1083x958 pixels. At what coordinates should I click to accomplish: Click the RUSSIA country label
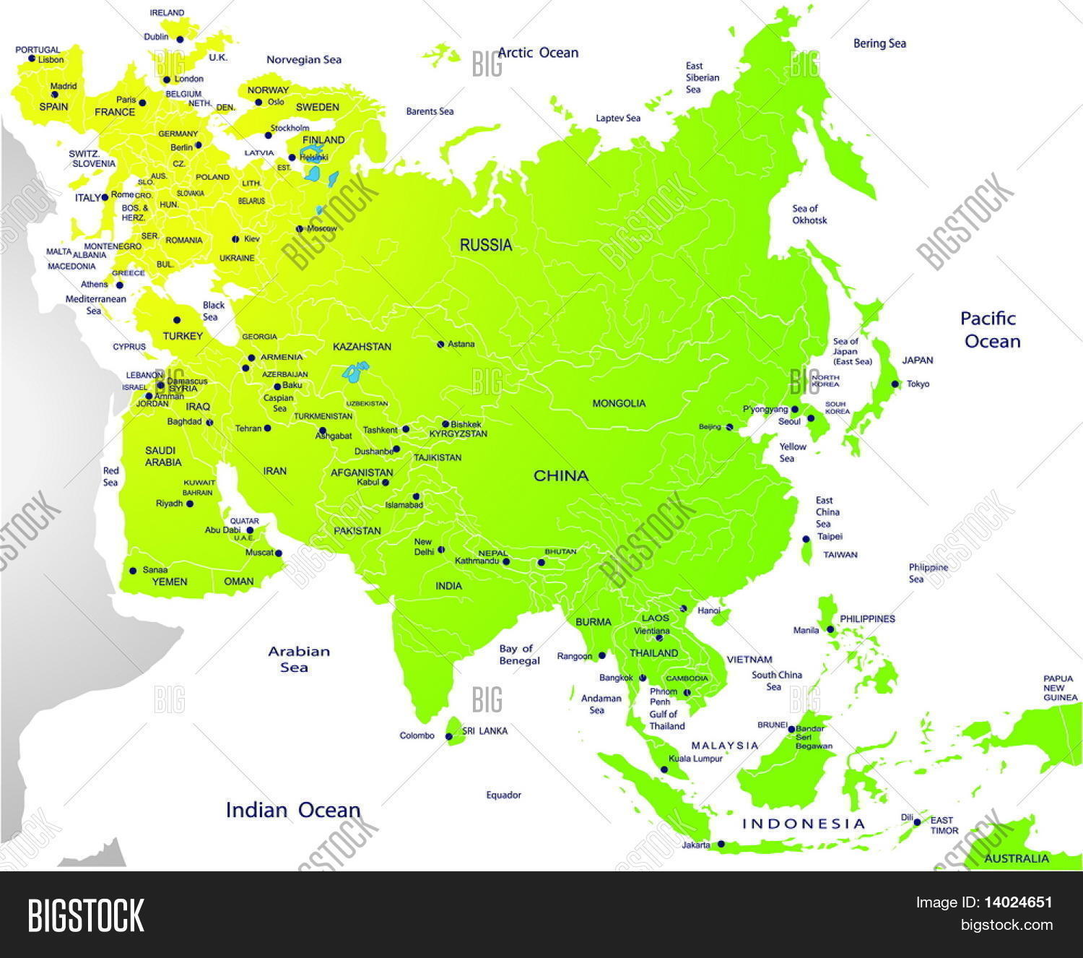[x=486, y=245]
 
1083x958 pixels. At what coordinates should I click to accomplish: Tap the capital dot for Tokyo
[x=895, y=384]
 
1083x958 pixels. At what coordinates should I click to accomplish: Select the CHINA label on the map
[x=561, y=475]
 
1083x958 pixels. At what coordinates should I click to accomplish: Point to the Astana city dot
[x=440, y=344]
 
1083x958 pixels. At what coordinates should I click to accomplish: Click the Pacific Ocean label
[x=990, y=329]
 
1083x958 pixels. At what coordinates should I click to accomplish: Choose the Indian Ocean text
[x=293, y=810]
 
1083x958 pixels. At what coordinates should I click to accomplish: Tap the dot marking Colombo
[x=448, y=737]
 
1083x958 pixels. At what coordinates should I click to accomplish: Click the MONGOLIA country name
[x=619, y=403]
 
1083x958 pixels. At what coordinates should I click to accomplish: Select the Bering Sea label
[x=879, y=43]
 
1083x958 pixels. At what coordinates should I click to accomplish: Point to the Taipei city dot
[x=806, y=539]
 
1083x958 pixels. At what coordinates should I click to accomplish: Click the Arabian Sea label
[x=298, y=659]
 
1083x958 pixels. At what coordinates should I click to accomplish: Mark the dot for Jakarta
[x=721, y=844]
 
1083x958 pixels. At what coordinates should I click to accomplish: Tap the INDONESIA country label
[x=804, y=824]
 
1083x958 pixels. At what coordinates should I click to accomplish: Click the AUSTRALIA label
[x=1017, y=858]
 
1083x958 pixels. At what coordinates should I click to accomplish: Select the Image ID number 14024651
[x=1018, y=902]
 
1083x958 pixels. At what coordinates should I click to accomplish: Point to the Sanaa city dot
[x=133, y=571]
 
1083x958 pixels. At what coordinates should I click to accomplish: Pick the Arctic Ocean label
[x=538, y=53]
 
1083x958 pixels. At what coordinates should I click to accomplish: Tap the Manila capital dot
[x=830, y=629]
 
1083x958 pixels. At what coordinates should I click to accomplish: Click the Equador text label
[x=503, y=795]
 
